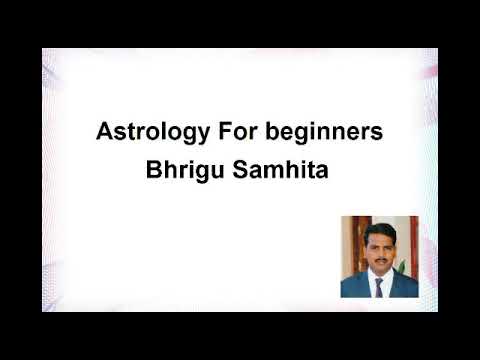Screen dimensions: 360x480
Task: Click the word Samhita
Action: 281,169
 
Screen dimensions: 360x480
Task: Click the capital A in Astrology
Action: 103,131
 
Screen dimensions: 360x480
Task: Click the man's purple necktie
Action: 379,287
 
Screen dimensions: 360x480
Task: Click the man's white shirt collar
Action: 373,279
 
